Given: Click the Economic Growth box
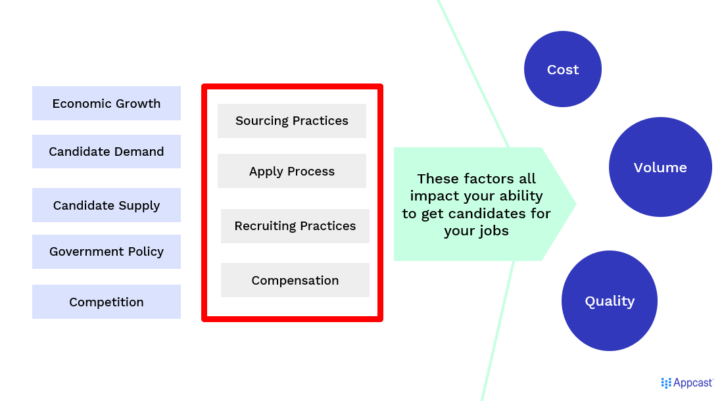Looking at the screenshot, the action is pos(106,103).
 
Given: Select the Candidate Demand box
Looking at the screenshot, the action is pos(106,151).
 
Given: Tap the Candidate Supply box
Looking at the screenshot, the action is pos(106,205).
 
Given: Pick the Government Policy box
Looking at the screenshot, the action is pos(106,252).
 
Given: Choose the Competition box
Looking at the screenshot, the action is pos(106,302).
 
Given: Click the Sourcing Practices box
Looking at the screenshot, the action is pos(292,121).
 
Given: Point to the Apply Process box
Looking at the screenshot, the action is pos(292,171).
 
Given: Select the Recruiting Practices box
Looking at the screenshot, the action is pos(295,226).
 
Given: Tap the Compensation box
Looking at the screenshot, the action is pos(295,280).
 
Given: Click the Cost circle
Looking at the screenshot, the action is pos(563,69).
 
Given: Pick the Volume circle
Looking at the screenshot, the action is pos(660,167).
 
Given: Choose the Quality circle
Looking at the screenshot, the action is pos(610,301).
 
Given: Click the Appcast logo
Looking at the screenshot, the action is pos(687,383).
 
